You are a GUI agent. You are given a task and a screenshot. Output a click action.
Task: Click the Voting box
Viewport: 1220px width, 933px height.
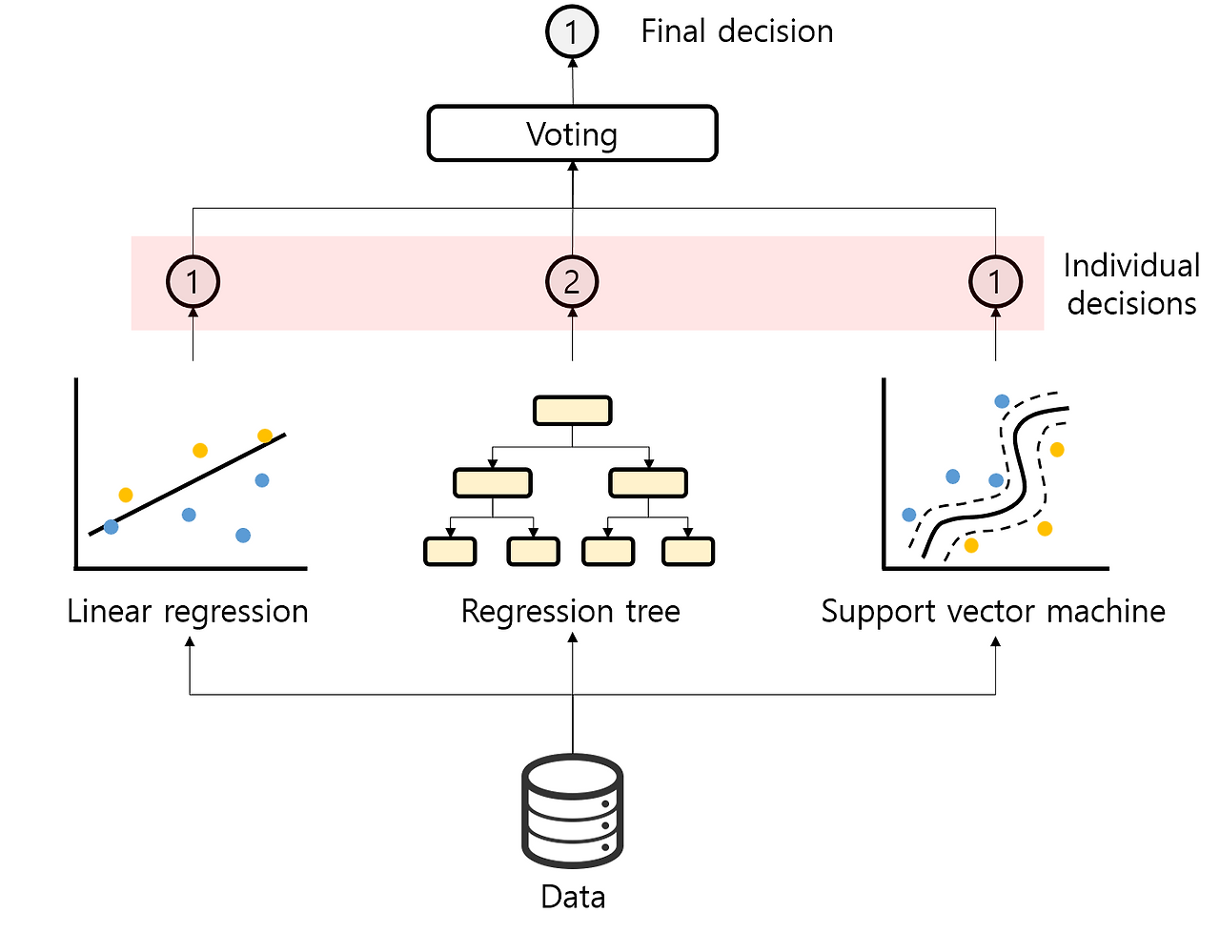point(572,133)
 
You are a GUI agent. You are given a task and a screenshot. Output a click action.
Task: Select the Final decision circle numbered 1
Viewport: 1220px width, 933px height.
point(572,31)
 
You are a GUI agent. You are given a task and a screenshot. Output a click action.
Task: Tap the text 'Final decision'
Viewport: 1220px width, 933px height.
point(737,31)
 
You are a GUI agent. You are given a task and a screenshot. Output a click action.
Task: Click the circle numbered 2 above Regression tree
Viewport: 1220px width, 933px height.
point(572,282)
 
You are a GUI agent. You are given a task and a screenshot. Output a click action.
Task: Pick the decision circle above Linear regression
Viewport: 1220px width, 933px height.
point(193,282)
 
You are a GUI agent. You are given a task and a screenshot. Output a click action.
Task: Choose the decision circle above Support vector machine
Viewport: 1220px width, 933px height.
point(995,282)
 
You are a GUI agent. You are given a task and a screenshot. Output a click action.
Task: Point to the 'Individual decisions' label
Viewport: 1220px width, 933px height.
point(1131,284)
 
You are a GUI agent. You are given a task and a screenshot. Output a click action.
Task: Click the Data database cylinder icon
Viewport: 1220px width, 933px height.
point(573,810)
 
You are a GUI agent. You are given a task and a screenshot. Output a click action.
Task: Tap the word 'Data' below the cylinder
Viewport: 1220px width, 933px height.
point(573,897)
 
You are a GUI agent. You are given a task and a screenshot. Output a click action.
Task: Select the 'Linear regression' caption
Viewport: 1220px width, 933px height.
point(188,611)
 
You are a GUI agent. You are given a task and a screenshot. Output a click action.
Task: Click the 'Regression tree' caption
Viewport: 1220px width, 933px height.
point(571,611)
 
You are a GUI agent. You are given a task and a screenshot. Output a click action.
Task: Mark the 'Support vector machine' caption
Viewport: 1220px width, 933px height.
point(993,611)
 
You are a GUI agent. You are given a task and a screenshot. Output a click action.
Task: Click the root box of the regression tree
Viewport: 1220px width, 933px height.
point(572,411)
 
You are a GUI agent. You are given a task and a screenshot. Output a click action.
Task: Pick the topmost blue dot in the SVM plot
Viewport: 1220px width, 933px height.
point(1002,401)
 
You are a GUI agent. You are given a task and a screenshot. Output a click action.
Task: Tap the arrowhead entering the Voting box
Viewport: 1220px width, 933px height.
point(573,167)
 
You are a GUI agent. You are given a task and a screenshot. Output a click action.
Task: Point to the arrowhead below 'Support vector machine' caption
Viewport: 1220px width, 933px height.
point(996,642)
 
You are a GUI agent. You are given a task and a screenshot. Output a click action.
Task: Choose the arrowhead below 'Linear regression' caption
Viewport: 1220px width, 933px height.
point(191,642)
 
